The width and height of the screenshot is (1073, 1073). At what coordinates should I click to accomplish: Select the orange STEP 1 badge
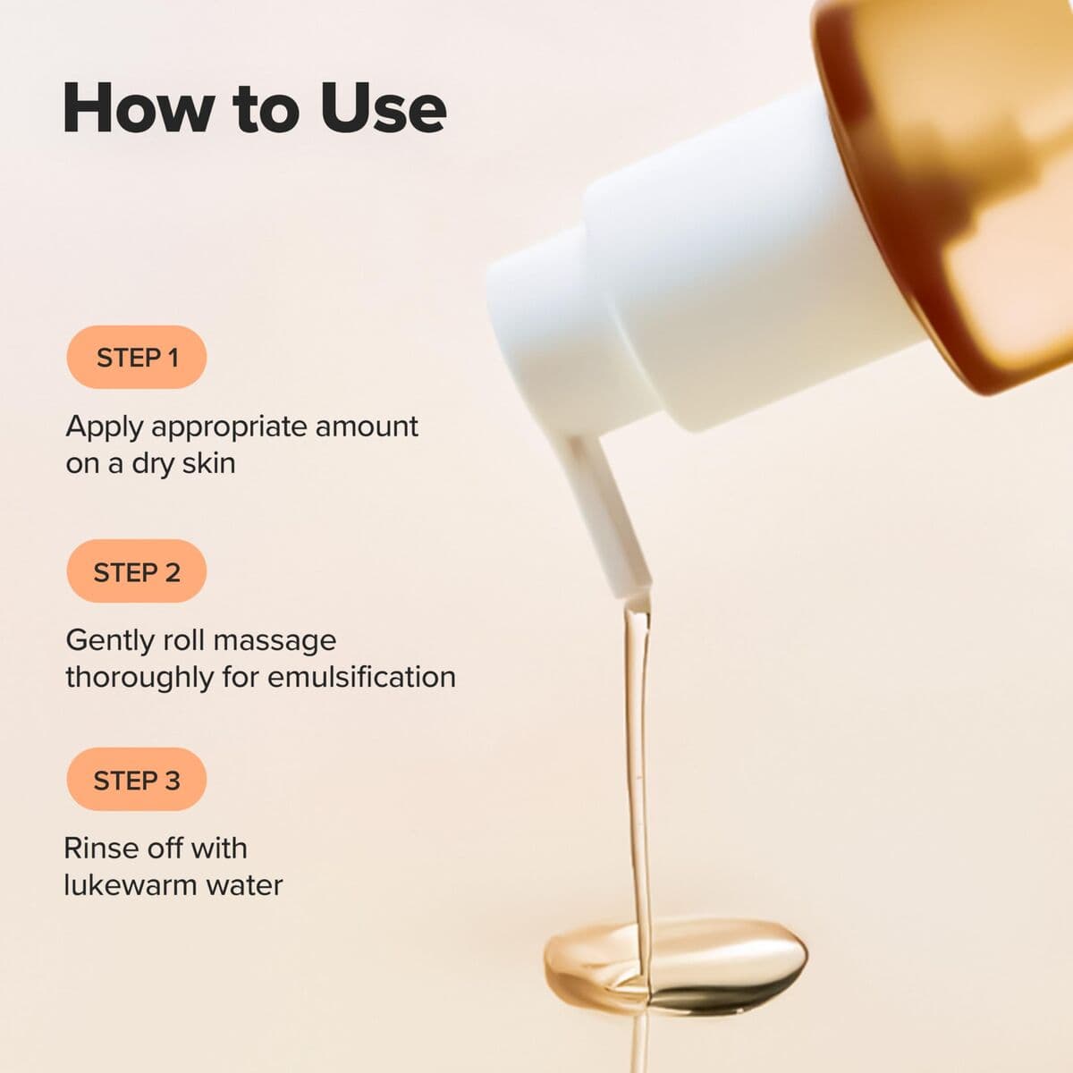[137, 358]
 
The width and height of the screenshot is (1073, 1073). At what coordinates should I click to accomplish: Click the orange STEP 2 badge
[137, 571]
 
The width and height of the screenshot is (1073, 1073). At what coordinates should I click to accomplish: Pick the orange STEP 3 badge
[137, 780]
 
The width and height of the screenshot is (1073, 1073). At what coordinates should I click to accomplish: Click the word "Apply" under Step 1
[104, 427]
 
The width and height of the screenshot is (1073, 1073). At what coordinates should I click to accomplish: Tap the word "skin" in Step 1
[208, 463]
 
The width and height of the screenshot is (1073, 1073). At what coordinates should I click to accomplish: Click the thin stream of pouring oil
[638, 760]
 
